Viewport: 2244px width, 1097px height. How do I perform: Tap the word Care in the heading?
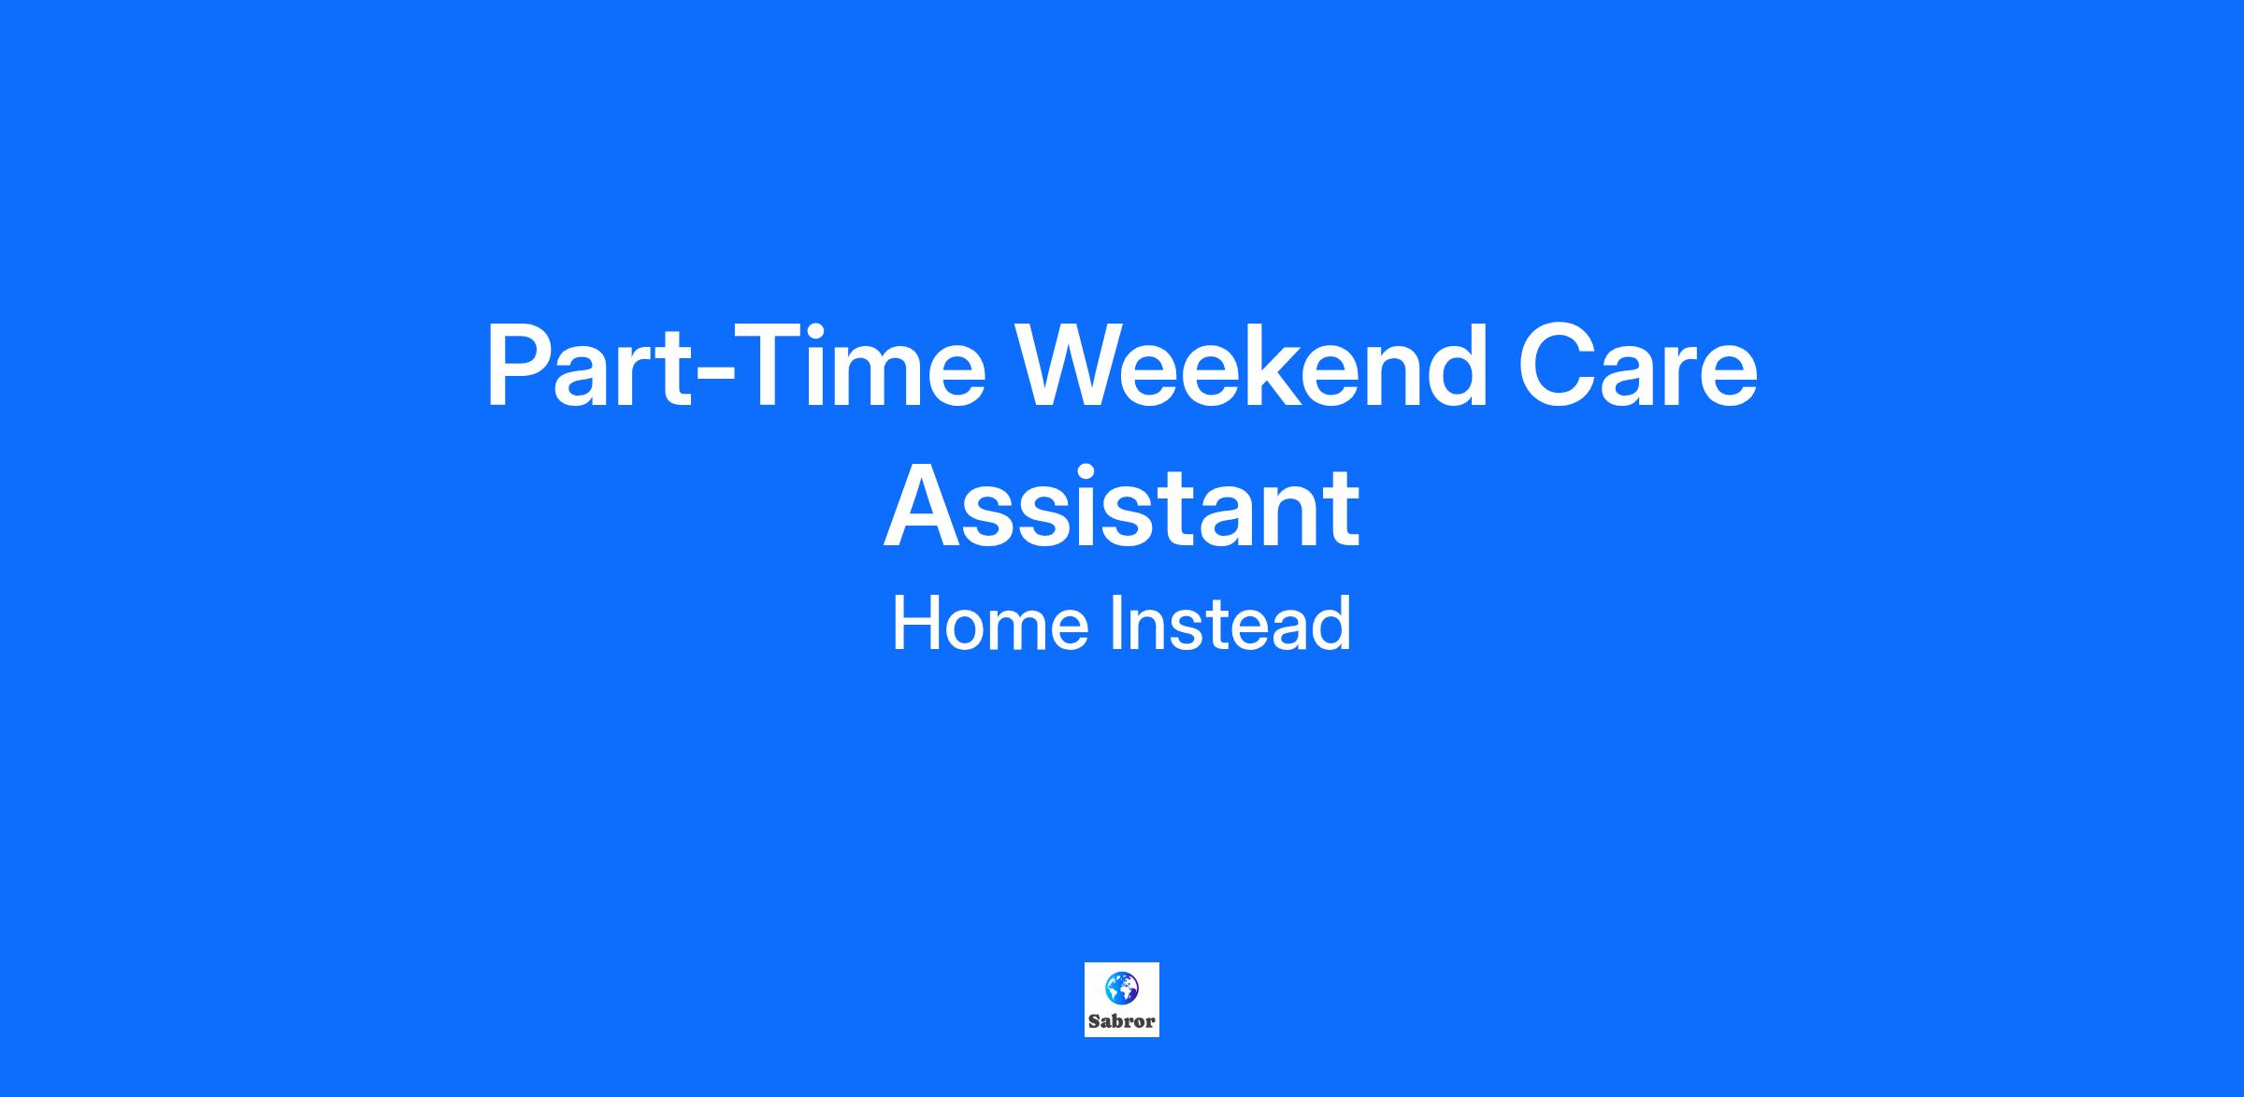[1638, 367]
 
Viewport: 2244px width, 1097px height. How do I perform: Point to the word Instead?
[1230, 624]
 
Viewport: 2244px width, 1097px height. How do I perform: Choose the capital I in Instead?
[1116, 624]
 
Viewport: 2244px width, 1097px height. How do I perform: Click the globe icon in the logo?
[1122, 988]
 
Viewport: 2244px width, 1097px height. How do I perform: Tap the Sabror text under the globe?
[1122, 1021]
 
